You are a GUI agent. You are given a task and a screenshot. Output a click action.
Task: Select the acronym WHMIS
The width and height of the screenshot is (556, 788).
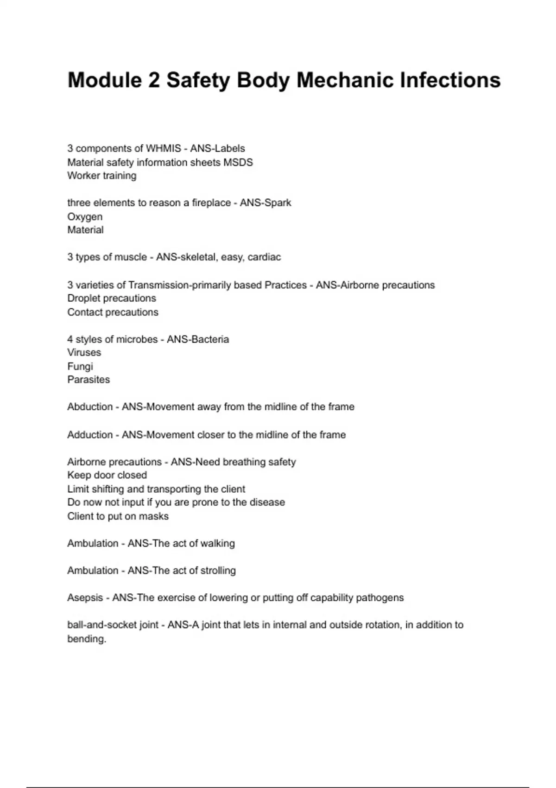pyautogui.click(x=163, y=148)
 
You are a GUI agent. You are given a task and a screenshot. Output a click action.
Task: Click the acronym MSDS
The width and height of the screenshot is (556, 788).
pyautogui.click(x=238, y=162)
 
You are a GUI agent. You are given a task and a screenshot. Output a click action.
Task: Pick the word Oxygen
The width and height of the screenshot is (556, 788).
pyautogui.click(x=85, y=216)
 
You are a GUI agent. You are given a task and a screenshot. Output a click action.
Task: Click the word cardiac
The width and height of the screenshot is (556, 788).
pyautogui.click(x=264, y=257)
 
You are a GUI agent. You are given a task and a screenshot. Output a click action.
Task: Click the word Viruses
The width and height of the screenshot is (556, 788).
pyautogui.click(x=84, y=352)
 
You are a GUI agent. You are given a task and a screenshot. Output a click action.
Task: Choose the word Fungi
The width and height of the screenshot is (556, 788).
pyautogui.click(x=80, y=366)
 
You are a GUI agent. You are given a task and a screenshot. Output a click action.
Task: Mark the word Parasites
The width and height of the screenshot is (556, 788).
pyautogui.click(x=88, y=380)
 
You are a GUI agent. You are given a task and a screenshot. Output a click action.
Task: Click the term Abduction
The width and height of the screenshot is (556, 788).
pyautogui.click(x=90, y=407)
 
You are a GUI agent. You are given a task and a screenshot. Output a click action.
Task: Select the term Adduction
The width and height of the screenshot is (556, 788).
pyautogui.click(x=90, y=435)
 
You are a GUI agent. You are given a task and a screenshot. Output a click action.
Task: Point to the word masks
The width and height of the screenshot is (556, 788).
pyautogui.click(x=155, y=516)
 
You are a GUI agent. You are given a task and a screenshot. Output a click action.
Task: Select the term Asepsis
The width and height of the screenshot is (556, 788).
pyautogui.click(x=85, y=598)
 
